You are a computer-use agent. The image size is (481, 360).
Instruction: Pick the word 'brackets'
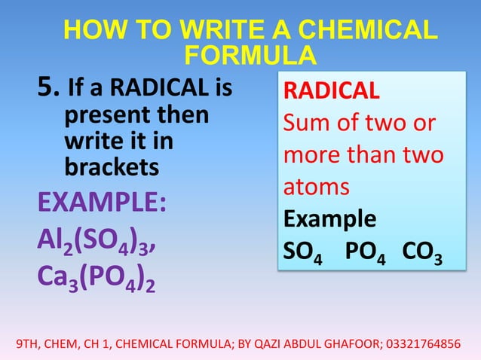click(112, 166)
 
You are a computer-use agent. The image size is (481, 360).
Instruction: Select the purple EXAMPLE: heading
click(102, 203)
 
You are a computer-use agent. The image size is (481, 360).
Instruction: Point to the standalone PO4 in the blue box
click(362, 251)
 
